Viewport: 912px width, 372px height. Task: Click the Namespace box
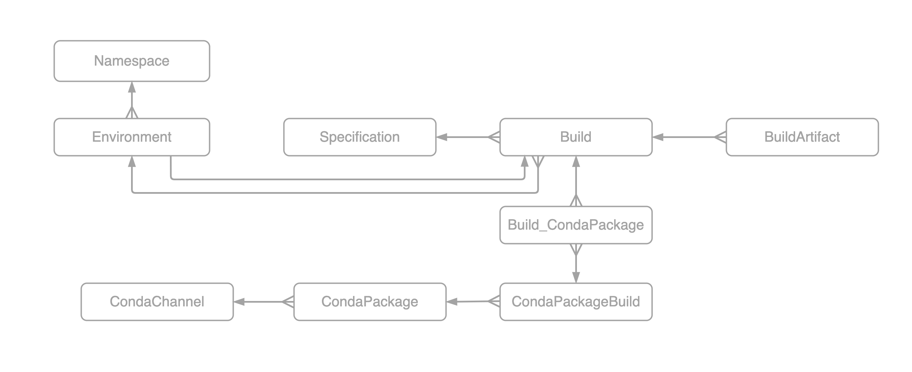(x=132, y=61)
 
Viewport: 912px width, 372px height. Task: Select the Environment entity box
(x=132, y=137)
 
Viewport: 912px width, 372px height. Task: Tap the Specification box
(x=360, y=137)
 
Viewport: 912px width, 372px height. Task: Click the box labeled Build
(x=576, y=137)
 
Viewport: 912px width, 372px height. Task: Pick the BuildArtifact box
(x=802, y=137)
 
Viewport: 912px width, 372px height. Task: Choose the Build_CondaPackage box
(x=576, y=225)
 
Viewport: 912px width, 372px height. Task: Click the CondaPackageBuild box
(x=576, y=302)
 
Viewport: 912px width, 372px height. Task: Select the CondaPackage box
(x=370, y=302)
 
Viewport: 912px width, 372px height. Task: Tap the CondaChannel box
(x=157, y=302)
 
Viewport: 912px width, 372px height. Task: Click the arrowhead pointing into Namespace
(x=132, y=87)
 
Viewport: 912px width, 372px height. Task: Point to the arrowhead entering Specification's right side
(x=442, y=137)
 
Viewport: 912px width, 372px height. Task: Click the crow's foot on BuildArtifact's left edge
(x=720, y=137)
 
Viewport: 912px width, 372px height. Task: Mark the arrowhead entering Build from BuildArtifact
(x=658, y=137)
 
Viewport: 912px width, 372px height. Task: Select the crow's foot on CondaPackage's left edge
(x=288, y=302)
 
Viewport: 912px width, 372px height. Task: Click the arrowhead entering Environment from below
(x=132, y=162)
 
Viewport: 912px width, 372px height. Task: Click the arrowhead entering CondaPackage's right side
(x=452, y=302)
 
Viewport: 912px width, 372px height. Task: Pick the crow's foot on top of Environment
(x=132, y=112)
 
